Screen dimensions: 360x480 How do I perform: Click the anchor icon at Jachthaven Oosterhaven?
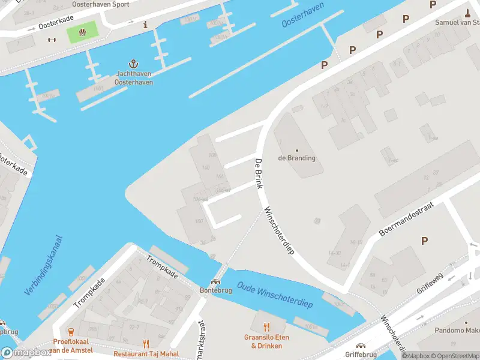click(x=134, y=64)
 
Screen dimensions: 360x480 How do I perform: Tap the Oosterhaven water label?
click(x=303, y=14)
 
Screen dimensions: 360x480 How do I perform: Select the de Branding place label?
click(x=296, y=158)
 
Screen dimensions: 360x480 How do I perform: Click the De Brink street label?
click(x=259, y=174)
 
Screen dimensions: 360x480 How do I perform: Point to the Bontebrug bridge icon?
click(x=215, y=281)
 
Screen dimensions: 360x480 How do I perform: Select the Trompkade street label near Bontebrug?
click(x=162, y=266)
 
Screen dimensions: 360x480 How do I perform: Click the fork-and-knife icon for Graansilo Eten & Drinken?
click(x=266, y=327)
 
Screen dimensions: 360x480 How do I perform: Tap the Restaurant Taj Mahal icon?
click(x=146, y=343)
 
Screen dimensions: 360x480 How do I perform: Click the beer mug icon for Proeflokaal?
click(x=71, y=331)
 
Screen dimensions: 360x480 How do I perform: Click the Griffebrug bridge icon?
click(x=361, y=346)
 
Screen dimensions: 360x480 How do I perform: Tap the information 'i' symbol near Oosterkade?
click(x=145, y=25)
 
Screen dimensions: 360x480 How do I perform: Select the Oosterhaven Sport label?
click(x=100, y=4)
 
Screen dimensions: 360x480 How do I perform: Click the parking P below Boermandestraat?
click(x=424, y=241)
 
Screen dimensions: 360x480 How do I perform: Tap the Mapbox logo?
click(x=26, y=353)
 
